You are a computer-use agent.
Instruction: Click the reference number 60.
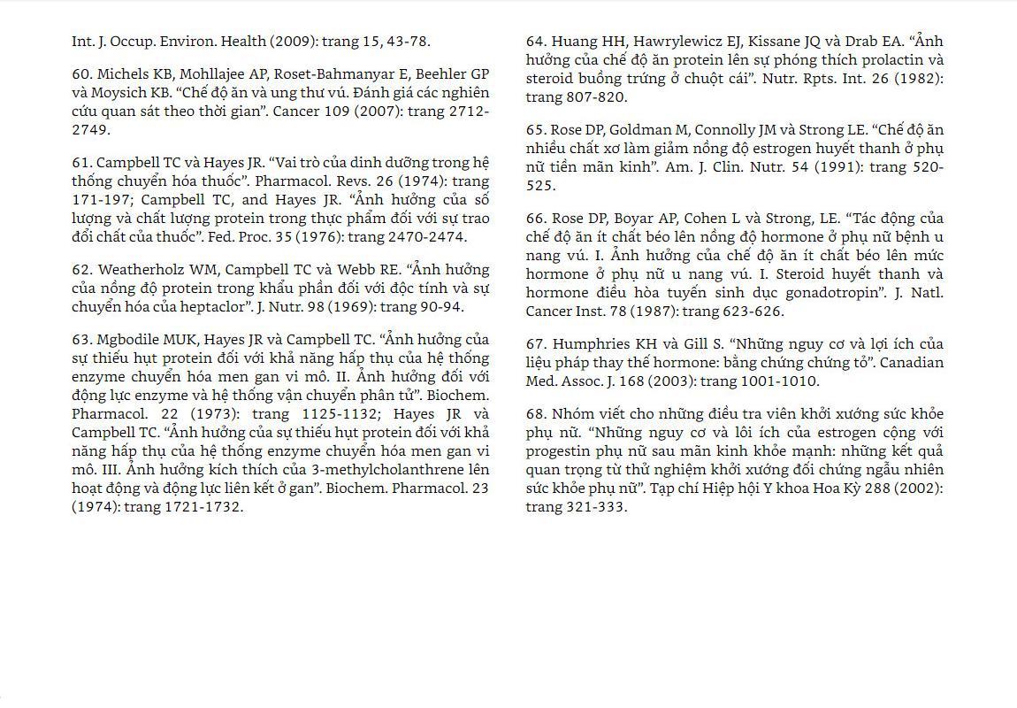(81, 74)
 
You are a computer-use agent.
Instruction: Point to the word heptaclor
(207, 307)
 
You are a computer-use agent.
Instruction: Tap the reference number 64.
(535, 42)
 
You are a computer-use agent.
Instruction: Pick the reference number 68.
(535, 414)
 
